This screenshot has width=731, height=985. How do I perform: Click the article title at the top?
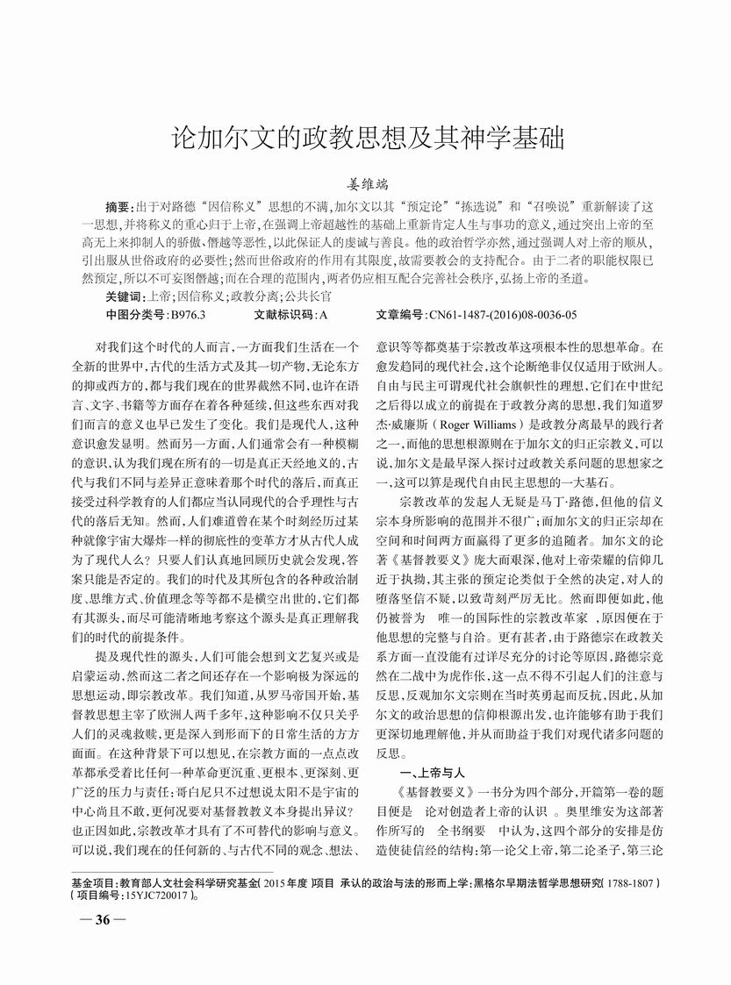(x=365, y=138)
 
